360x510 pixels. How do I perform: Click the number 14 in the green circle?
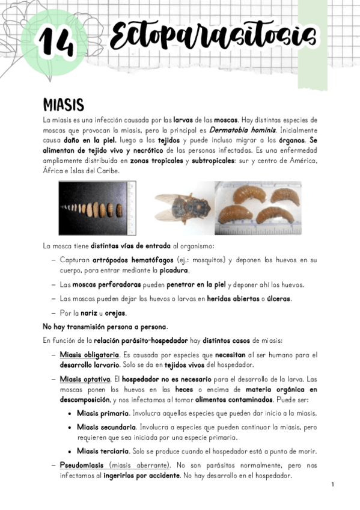pos(56,41)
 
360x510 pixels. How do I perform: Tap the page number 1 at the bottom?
pos(331,484)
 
